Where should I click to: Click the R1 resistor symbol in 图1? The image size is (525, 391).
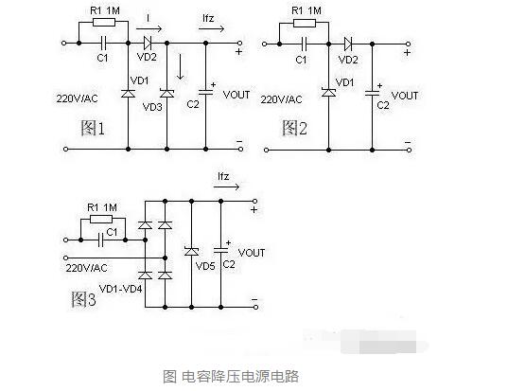click(104, 23)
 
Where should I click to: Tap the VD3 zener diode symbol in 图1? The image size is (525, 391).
click(166, 93)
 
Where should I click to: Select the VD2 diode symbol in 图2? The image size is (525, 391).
click(348, 44)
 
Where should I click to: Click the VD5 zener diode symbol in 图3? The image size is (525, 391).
click(191, 251)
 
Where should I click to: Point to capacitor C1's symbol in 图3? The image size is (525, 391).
click(100, 240)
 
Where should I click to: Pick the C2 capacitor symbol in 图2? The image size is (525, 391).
click(373, 93)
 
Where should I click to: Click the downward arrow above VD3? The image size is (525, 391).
click(181, 66)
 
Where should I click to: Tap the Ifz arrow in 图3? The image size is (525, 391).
click(227, 187)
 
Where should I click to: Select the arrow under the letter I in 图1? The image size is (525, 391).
click(149, 28)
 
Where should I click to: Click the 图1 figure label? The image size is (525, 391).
click(93, 128)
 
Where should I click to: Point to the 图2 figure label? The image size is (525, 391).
click(294, 128)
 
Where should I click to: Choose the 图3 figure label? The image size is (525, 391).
click(83, 299)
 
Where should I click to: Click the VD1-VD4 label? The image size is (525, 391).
click(121, 289)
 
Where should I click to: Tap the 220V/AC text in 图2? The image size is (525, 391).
click(281, 99)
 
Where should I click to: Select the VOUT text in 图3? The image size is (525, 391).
click(252, 253)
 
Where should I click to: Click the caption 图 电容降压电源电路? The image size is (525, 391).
click(231, 377)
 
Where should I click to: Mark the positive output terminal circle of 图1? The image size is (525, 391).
click(239, 43)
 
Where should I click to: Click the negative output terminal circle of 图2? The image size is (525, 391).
click(409, 151)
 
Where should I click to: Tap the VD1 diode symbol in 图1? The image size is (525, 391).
click(128, 93)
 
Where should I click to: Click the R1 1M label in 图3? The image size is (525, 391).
click(102, 207)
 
